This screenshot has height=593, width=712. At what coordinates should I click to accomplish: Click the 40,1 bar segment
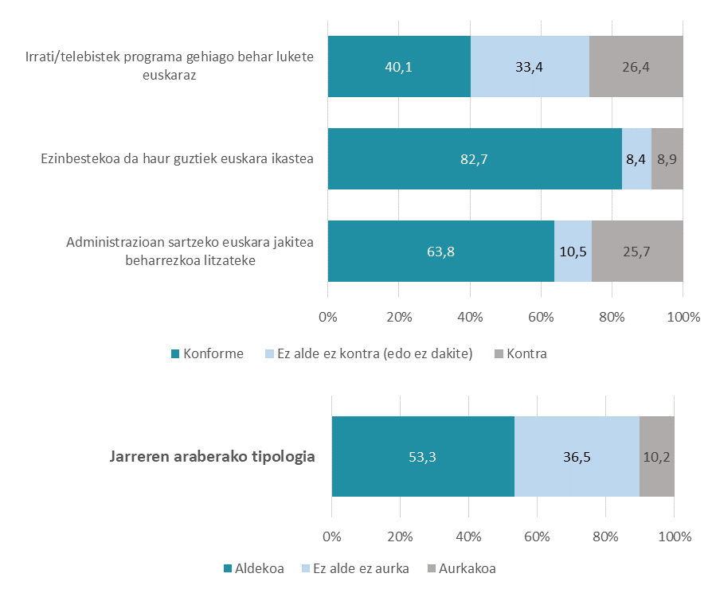(398, 67)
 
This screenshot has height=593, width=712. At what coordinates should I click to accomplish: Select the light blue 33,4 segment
(530, 67)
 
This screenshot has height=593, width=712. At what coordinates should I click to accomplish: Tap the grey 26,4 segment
(636, 67)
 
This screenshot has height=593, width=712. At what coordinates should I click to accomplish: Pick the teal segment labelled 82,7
(474, 159)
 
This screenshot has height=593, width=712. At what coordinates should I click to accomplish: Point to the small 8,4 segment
(636, 159)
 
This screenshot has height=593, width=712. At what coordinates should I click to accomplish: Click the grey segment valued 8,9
(667, 159)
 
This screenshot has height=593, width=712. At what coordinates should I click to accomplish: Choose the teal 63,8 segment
(440, 252)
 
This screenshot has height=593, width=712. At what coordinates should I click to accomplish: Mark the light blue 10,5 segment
(573, 252)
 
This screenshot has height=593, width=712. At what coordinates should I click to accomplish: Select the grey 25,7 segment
(637, 252)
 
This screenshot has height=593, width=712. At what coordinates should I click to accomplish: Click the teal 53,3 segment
(423, 457)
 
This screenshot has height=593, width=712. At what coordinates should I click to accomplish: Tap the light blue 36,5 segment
(577, 457)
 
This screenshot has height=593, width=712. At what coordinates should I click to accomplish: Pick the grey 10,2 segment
(657, 457)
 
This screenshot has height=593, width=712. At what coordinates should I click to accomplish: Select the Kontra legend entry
(521, 353)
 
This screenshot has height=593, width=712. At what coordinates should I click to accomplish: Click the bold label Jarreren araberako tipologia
(211, 457)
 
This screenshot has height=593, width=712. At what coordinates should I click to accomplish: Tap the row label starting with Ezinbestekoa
(177, 158)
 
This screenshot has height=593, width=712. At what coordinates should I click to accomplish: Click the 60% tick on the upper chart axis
(541, 318)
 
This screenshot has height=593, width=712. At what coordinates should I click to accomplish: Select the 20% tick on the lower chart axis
(401, 534)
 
